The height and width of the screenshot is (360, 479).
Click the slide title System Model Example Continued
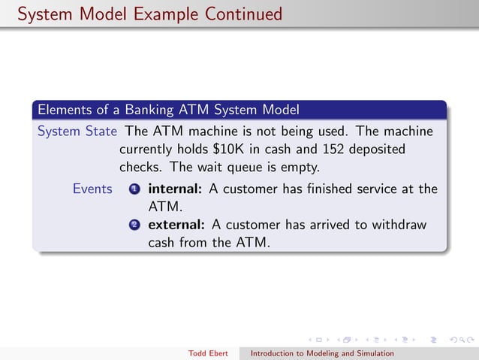point(150,14)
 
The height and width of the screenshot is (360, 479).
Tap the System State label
point(77,131)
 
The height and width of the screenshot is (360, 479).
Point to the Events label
point(92,189)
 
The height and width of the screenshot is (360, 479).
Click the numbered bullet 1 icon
point(134,189)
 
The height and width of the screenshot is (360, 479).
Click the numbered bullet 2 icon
point(134,225)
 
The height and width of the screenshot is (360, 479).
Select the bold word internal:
point(175,189)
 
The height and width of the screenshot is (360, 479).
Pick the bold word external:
point(176,225)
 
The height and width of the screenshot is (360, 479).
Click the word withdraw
point(401,225)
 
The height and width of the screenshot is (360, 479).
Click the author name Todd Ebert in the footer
point(209,352)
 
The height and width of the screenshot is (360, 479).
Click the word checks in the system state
point(138,166)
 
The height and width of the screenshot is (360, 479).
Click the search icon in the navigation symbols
point(461,340)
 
